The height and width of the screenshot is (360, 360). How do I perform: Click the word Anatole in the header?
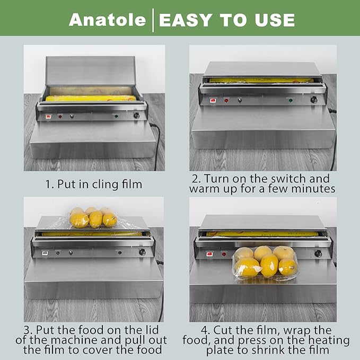tap(107, 20)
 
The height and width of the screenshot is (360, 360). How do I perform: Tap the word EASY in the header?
tap(186, 20)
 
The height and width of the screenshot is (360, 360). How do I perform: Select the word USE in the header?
tap(275, 20)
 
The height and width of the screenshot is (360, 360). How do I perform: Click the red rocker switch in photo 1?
tap(48, 117)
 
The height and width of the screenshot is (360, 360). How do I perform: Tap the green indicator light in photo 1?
tap(116, 117)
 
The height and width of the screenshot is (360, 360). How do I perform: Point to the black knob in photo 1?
tap(136, 116)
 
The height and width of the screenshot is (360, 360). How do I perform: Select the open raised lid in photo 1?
tap(90, 71)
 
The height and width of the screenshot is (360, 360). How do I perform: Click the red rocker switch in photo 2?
tap(213, 100)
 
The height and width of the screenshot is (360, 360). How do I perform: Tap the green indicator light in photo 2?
tap(291, 100)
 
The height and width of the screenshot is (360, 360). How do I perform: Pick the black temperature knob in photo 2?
tap(314, 100)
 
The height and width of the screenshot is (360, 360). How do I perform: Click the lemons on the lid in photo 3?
tap(93, 217)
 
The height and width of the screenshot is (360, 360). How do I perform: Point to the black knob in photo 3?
tap(142, 252)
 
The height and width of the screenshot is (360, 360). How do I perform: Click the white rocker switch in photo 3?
tap(45, 253)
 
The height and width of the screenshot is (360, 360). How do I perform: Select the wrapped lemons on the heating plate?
tap(265, 263)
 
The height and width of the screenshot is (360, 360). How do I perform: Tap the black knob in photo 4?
tap(318, 253)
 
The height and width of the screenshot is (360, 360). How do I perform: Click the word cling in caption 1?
tap(105, 185)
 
